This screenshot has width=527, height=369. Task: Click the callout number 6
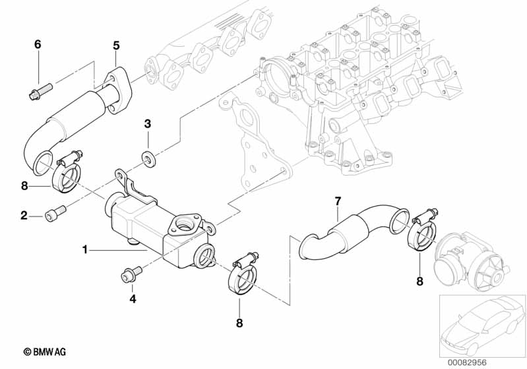coord(38,44)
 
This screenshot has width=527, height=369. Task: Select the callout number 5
coord(116,46)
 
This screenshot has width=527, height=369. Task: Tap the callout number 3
coord(148,124)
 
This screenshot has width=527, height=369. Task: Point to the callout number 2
coord(24,215)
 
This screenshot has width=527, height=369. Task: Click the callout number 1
coord(85,250)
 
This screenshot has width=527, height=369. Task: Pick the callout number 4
coord(133,298)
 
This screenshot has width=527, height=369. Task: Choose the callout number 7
coord(338,201)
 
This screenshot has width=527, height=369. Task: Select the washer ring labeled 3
coord(148,157)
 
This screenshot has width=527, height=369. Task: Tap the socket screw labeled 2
coord(55,213)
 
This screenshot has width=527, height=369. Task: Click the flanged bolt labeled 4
coord(131,274)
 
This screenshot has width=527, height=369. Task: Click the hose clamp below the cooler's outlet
coord(243,273)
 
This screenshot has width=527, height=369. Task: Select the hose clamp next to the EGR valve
coord(422,230)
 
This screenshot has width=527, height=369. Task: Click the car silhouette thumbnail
coord(483,325)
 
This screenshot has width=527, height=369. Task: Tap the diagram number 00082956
coord(467,362)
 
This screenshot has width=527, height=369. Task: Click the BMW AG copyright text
coord(45,352)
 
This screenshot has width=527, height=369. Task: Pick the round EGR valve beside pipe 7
coord(470,261)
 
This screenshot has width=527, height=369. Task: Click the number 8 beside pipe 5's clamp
coord(24,185)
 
